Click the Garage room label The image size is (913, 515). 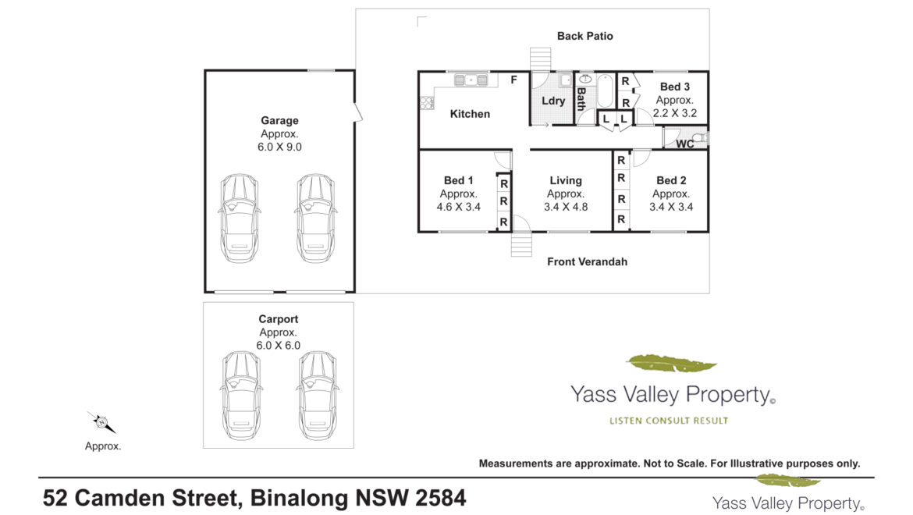279,120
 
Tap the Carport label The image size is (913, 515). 279,319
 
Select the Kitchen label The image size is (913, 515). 470,114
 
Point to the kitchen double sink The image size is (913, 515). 471,80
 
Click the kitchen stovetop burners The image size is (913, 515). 427,103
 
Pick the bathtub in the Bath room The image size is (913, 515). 605,91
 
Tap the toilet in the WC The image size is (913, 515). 701,138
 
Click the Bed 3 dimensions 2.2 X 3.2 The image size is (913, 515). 675,113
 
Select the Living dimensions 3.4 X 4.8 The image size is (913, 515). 566,207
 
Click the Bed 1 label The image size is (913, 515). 459,180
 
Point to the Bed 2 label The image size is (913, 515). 671,180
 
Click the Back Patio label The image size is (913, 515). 585,36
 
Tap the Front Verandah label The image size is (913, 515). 588,262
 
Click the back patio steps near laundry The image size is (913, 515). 540,59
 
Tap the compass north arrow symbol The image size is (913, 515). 101,422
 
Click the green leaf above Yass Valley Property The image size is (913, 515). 671,364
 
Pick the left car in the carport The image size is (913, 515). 241,396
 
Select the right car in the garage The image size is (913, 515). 315,218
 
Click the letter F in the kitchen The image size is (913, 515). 513,80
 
